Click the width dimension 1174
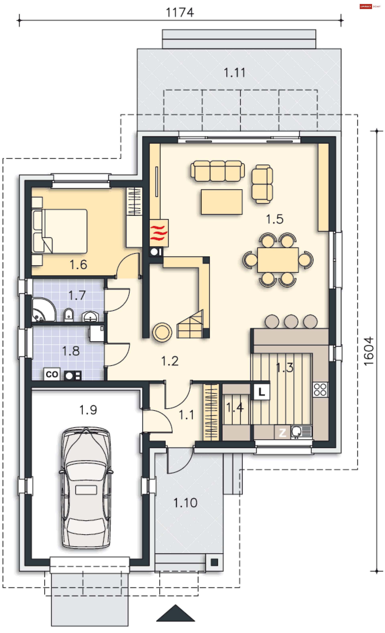click(x=180, y=12)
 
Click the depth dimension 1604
click(x=369, y=351)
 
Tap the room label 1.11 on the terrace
click(x=234, y=73)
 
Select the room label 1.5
click(x=275, y=219)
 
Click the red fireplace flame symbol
click(x=159, y=233)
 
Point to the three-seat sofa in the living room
click(x=217, y=171)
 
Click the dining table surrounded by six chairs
click(x=278, y=260)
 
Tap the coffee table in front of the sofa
click(x=222, y=202)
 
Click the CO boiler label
click(x=52, y=374)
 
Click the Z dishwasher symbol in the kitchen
click(x=282, y=433)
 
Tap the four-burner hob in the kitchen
click(x=320, y=389)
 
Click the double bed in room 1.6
click(x=60, y=231)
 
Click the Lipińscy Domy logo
click(x=370, y=6)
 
